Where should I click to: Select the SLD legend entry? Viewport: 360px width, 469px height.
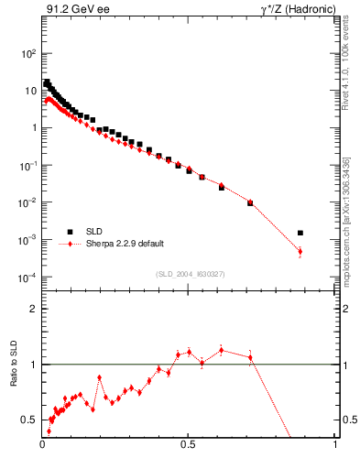pyautogui.click(x=94, y=232)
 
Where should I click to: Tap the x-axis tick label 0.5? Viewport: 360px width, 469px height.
pyautogui.click(x=189, y=446)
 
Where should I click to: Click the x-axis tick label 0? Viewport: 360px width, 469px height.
pyautogui.click(x=43, y=446)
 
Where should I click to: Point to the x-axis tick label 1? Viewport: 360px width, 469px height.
pyautogui.click(x=336, y=446)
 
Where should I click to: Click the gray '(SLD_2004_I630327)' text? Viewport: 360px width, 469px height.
pyautogui.click(x=189, y=274)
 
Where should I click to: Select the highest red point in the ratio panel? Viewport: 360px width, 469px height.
pyautogui.click(x=222, y=349)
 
